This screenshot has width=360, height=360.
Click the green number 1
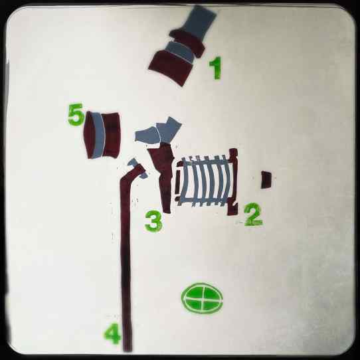click(216, 68)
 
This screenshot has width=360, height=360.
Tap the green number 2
click(253, 215)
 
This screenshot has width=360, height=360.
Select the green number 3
click(154, 221)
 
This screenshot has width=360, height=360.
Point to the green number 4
click(112, 333)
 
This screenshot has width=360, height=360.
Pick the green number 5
click(76, 114)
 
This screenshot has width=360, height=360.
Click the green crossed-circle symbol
click(202, 298)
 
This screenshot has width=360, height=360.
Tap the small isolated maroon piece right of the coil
click(266, 180)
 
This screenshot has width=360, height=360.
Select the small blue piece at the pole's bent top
click(137, 168)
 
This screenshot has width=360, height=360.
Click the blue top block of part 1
click(199, 22)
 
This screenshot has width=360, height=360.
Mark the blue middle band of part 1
click(181, 52)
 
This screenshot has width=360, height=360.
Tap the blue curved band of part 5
click(98, 135)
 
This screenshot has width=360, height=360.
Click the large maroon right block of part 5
click(112, 135)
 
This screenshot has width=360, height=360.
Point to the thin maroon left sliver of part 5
click(88, 135)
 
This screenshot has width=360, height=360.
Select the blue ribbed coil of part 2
click(205, 181)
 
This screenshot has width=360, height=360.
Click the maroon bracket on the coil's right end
click(233, 181)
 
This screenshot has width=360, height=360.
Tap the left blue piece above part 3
click(147, 135)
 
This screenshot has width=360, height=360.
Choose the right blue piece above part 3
click(169, 130)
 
